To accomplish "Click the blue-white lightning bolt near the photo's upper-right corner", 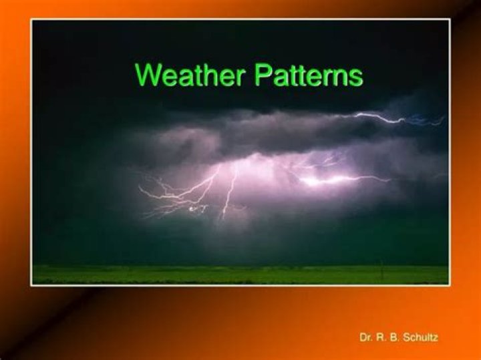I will [394, 119].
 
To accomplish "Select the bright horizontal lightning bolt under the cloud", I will [341, 179].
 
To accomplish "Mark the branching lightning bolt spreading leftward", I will [174, 194].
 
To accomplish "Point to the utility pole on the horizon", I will [382, 268].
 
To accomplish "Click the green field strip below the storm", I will [240, 275].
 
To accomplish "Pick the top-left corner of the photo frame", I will [31, 19].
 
